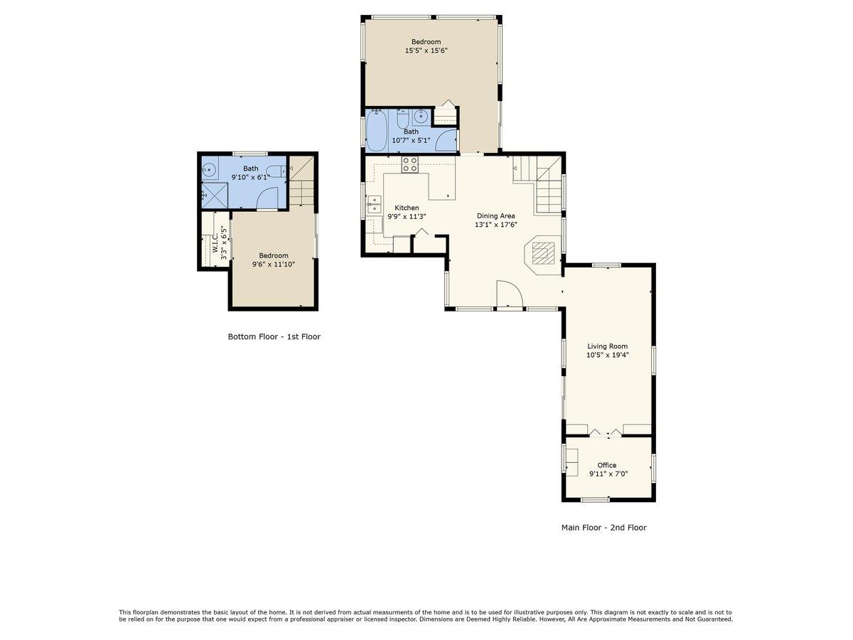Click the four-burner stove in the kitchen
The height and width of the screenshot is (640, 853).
pyautogui.click(x=410, y=165)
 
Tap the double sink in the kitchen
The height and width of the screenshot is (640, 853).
pyautogui.click(x=374, y=204)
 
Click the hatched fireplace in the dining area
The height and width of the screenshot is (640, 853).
pyautogui.click(x=543, y=252)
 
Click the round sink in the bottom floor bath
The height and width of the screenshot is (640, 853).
pyautogui.click(x=209, y=169)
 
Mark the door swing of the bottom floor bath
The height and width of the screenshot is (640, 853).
pyautogui.click(x=268, y=200)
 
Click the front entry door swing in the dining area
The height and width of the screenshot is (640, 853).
pyautogui.click(x=508, y=294)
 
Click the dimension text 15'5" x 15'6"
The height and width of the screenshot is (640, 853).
pyautogui.click(x=426, y=50)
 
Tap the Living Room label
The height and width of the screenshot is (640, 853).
pyautogui.click(x=607, y=346)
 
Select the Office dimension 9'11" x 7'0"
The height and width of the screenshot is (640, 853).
pyautogui.click(x=608, y=474)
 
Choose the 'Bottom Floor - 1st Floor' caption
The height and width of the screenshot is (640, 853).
pyautogui.click(x=274, y=336)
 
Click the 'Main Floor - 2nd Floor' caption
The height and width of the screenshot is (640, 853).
pyautogui.click(x=603, y=528)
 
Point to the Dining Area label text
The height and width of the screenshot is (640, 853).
pyautogui.click(x=495, y=215)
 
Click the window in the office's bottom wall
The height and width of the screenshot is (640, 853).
pyautogui.click(x=595, y=501)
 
